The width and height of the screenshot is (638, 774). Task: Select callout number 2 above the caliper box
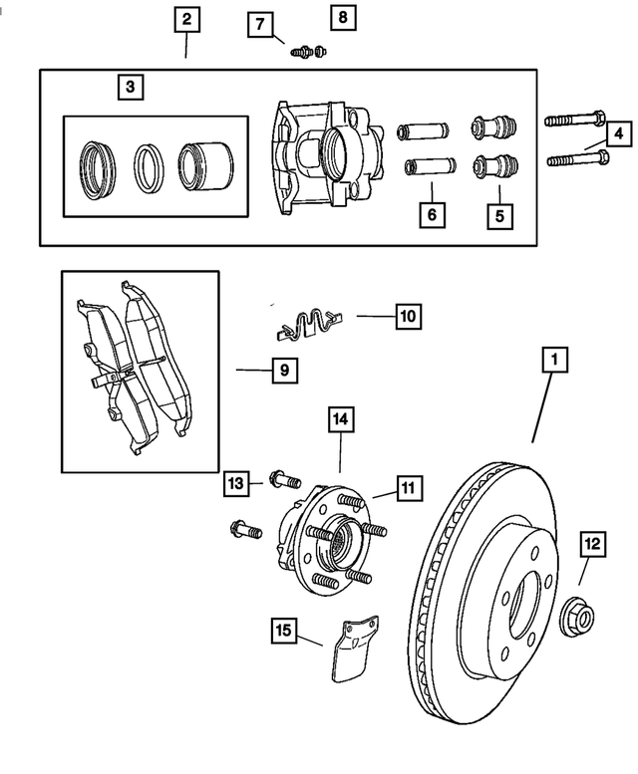point(186,19)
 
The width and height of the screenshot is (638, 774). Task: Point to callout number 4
point(617,132)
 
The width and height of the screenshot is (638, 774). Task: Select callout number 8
point(342,17)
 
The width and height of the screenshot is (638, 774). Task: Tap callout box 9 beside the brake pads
point(283,371)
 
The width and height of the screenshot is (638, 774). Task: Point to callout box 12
point(592,544)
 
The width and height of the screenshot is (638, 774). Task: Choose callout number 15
point(283,630)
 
